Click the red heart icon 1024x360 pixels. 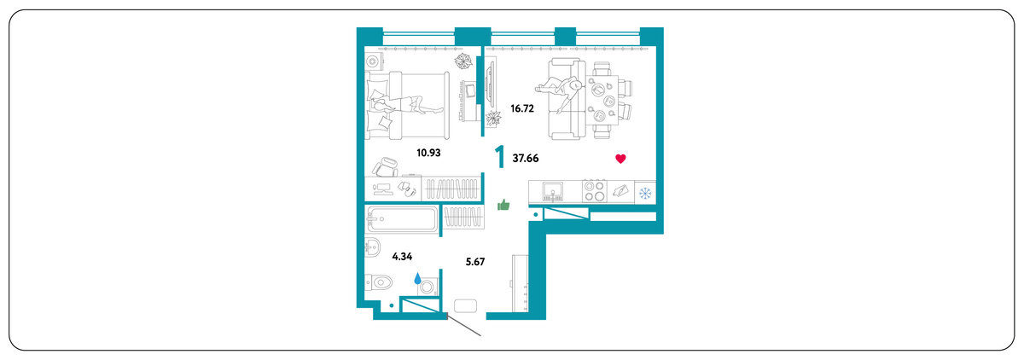point(620,159)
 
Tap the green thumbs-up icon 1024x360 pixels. point(503,205)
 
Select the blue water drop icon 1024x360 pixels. point(417,278)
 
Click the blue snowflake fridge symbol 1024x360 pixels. point(645,194)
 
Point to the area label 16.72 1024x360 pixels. point(522,108)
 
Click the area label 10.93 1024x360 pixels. point(428,153)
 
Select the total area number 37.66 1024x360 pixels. point(526,158)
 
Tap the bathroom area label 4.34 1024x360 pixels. point(402,256)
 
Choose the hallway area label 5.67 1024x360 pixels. point(475,262)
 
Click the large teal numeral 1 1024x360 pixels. point(500,157)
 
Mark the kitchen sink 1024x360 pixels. point(553,191)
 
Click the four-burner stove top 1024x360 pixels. point(595,191)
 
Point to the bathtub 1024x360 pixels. point(402,220)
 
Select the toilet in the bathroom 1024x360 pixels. point(379,282)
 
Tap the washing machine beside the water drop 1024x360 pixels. point(428,287)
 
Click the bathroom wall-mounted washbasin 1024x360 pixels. point(373,247)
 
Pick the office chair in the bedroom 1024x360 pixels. point(386,166)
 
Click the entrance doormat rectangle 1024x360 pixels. point(465,305)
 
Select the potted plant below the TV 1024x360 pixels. point(493,119)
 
